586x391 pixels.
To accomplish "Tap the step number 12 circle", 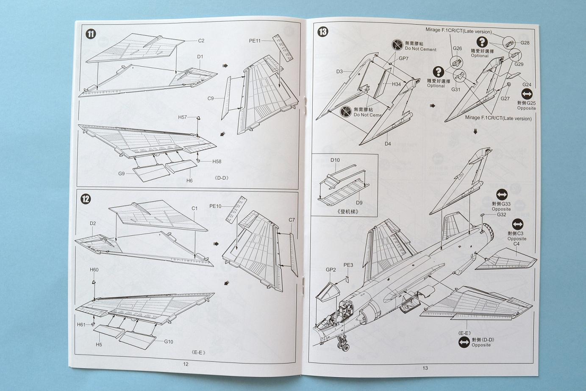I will pos(86,199).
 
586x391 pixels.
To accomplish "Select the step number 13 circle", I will pos(322,31).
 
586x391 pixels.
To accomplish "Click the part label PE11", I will pos(255,41).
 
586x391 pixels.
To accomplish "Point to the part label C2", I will pos(201,41).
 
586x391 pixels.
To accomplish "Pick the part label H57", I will pos(182,117).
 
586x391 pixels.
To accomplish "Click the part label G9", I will pos(122,173).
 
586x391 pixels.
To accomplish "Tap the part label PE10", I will pos(215,206).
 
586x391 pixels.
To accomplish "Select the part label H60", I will pos(94,270).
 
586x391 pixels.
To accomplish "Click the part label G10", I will pos(168,342).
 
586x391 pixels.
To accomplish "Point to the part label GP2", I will pos(331,270).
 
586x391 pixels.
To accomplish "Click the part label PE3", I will pos(348,265).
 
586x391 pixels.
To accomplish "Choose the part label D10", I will pos(335,160).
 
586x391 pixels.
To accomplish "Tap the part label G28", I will pos(525,43).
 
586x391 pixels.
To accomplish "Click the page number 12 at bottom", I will pos(186,364).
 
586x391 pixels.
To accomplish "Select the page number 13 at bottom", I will pos(425,368).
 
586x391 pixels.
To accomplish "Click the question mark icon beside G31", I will pos(438,72).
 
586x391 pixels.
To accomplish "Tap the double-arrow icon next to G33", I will pos(501,195).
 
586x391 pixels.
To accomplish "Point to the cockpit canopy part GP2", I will pos(328,292).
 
